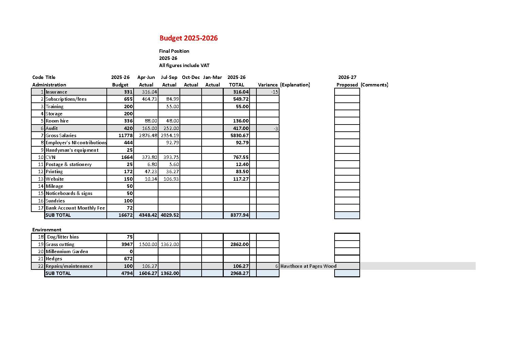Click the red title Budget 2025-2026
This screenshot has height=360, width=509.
point(188,38)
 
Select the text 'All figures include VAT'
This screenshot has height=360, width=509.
point(184,65)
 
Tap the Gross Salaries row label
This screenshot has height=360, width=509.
point(61,135)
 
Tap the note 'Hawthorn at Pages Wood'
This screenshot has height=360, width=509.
point(308,266)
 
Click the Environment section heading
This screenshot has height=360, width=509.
point(47,230)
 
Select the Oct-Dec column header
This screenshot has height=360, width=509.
point(191,77)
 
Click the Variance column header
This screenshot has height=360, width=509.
point(268,85)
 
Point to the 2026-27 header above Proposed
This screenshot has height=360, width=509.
point(347,77)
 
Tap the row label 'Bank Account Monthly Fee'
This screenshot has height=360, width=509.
point(75,208)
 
